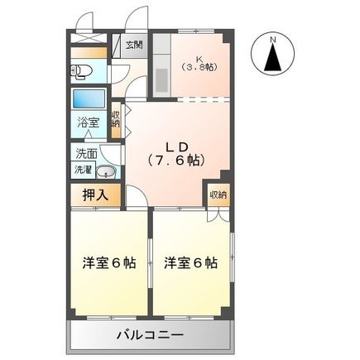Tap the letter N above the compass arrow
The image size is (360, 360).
274,38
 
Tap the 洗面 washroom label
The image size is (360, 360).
86,154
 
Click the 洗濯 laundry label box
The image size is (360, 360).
84,169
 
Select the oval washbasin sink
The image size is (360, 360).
106,172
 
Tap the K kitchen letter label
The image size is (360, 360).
199,57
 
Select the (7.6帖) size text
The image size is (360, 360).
175,161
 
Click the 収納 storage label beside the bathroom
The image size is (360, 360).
115,119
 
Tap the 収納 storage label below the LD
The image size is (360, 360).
217,194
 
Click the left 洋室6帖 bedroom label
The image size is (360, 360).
109,264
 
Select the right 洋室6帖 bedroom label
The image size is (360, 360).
190,264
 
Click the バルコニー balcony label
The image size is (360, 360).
150,335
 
